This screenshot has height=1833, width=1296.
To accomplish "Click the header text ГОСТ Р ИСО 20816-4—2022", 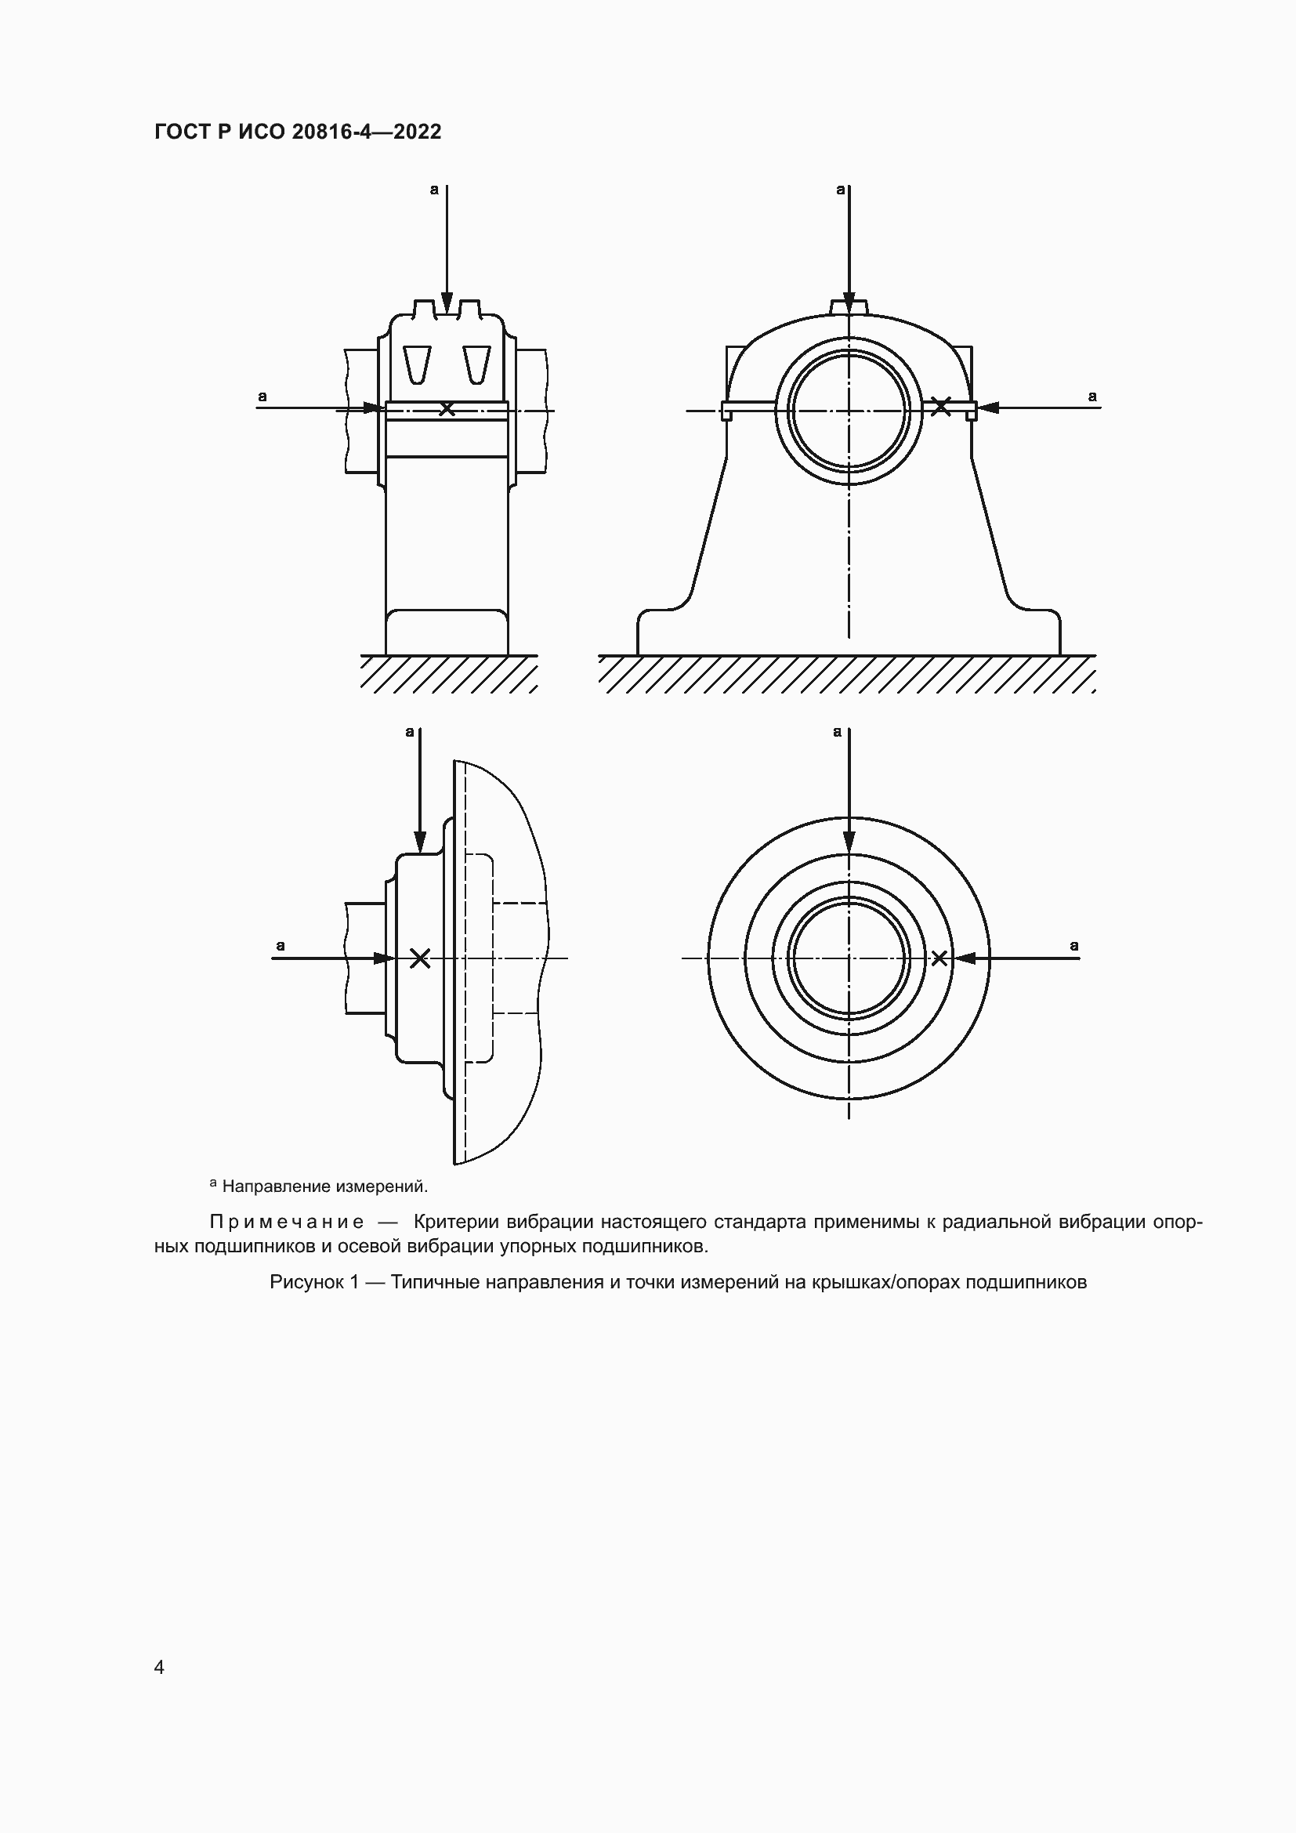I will click(x=298, y=132).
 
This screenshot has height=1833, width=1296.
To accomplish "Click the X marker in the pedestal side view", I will click(x=447, y=409).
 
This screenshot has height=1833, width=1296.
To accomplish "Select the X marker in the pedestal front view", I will click(x=941, y=407).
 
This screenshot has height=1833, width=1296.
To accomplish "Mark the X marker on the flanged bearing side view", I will click(x=420, y=958).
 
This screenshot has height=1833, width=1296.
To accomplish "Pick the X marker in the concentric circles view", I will click(x=939, y=958).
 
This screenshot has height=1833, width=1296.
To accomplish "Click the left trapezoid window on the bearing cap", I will click(x=418, y=364).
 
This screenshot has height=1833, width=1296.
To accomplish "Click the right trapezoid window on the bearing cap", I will click(x=476, y=364).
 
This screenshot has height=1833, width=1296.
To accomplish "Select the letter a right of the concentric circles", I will click(x=1074, y=946).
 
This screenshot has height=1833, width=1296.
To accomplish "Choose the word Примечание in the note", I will click(x=287, y=1223).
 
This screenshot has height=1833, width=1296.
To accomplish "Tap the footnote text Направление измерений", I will click(x=325, y=1186).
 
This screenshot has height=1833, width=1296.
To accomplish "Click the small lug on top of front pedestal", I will click(x=849, y=306).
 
